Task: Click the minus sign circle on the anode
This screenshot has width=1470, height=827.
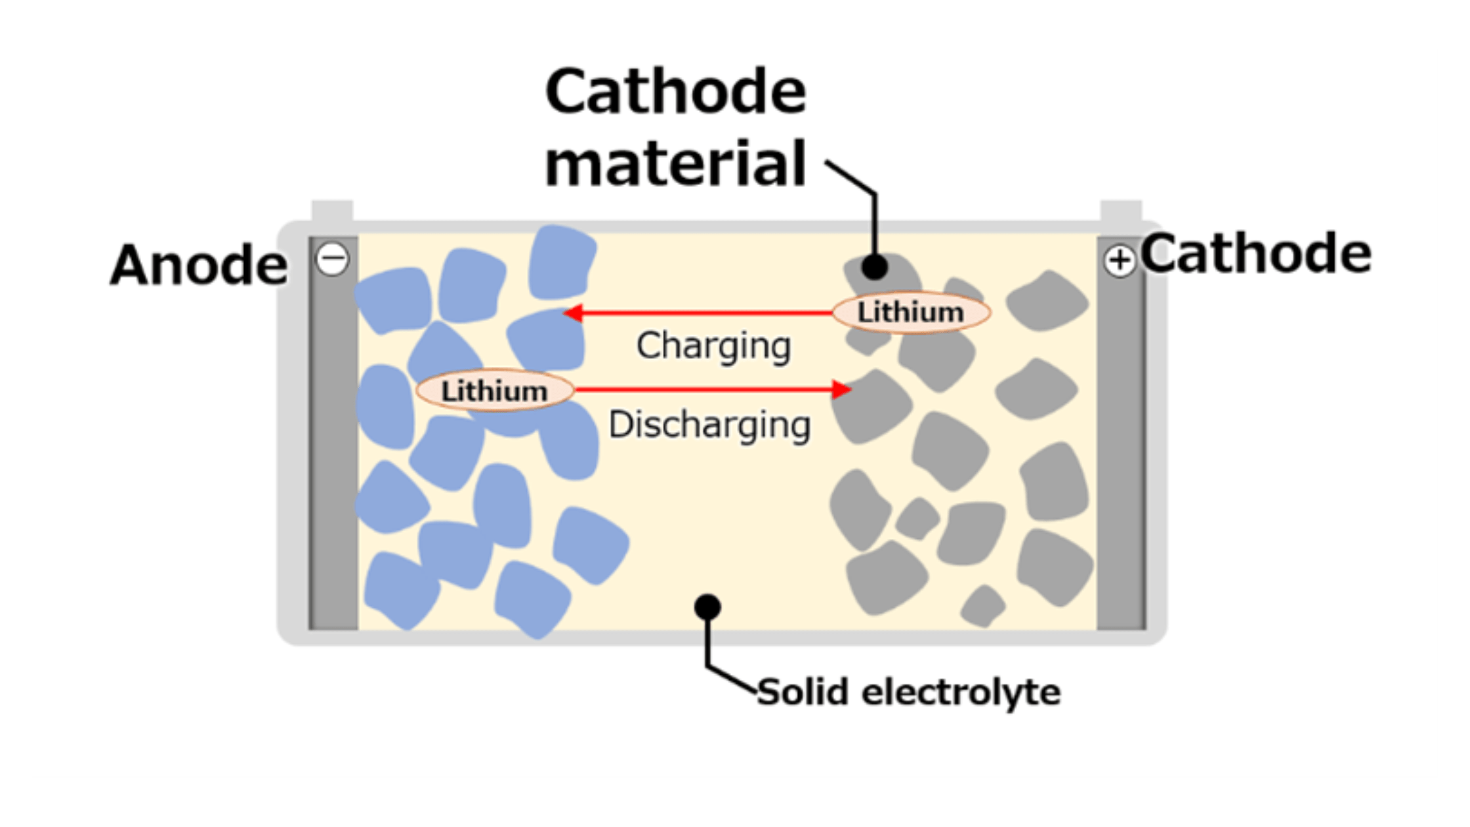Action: click(333, 259)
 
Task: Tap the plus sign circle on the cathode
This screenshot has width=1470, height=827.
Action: click(1120, 261)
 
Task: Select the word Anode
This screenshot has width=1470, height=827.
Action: click(198, 265)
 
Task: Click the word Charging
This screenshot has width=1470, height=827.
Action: click(713, 346)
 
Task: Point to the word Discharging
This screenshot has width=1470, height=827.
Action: click(709, 425)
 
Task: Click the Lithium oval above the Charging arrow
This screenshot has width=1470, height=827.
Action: click(912, 312)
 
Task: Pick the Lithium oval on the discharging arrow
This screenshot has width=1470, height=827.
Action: click(495, 391)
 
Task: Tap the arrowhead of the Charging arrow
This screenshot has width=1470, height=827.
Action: click(573, 313)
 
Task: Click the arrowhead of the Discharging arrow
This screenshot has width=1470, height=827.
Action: click(841, 389)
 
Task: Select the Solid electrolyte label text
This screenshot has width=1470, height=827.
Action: click(909, 692)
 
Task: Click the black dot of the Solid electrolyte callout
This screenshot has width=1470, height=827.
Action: click(707, 607)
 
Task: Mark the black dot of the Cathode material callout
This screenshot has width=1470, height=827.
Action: click(875, 267)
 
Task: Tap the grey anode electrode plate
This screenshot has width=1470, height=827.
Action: click(333, 433)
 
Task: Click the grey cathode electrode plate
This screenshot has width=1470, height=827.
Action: click(1122, 433)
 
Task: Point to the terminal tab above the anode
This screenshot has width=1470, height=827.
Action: click(332, 211)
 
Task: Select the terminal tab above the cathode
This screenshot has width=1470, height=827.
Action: click(1121, 211)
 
